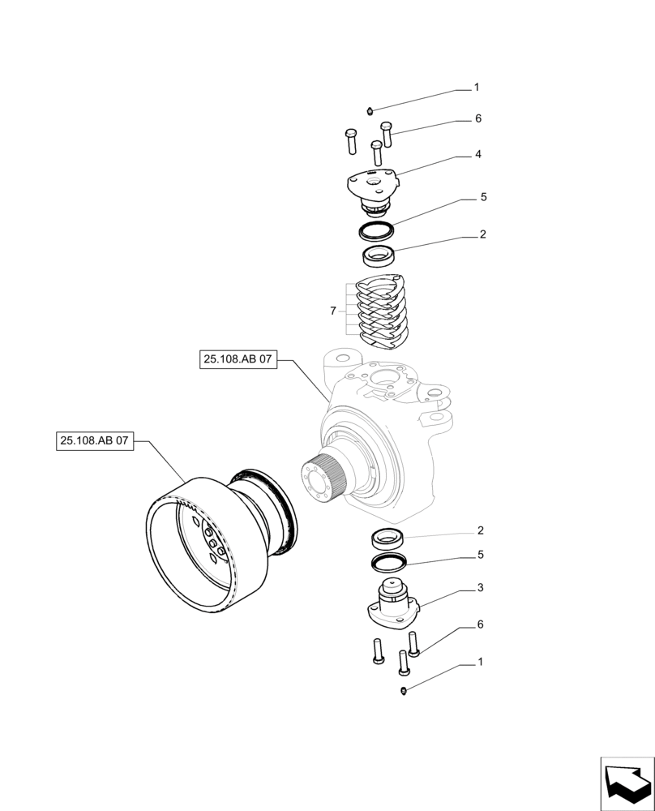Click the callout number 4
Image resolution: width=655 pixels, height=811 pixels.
(x=479, y=153)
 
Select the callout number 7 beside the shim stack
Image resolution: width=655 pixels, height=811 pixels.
(x=333, y=311)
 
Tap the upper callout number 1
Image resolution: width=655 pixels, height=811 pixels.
(x=477, y=87)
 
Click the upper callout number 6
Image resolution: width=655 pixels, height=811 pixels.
(x=478, y=118)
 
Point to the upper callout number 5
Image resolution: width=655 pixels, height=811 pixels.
(x=482, y=197)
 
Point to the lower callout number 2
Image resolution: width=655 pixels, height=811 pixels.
(x=482, y=530)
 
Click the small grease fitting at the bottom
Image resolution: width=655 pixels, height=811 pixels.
(x=405, y=690)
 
